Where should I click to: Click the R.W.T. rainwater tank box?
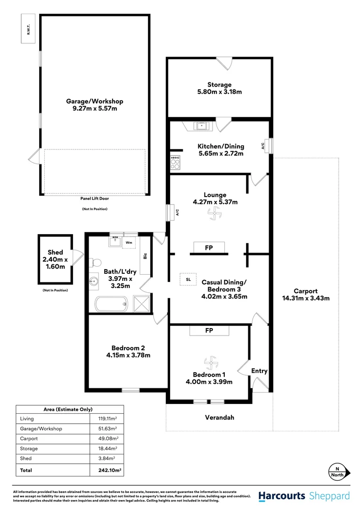click(28, 28)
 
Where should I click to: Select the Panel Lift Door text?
click(95, 199)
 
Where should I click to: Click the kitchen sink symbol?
click(203, 126)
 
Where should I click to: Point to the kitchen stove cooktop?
click(175, 163)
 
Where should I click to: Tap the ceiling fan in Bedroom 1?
click(210, 364)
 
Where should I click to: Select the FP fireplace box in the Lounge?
click(208, 247)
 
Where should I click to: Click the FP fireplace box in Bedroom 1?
click(209, 331)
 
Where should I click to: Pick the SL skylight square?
click(188, 279)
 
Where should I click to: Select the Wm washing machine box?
click(129, 242)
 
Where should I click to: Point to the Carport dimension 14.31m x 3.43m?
click(306, 298)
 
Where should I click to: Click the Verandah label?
click(219, 417)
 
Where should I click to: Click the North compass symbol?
click(339, 471)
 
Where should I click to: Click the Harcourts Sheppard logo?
click(304, 496)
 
